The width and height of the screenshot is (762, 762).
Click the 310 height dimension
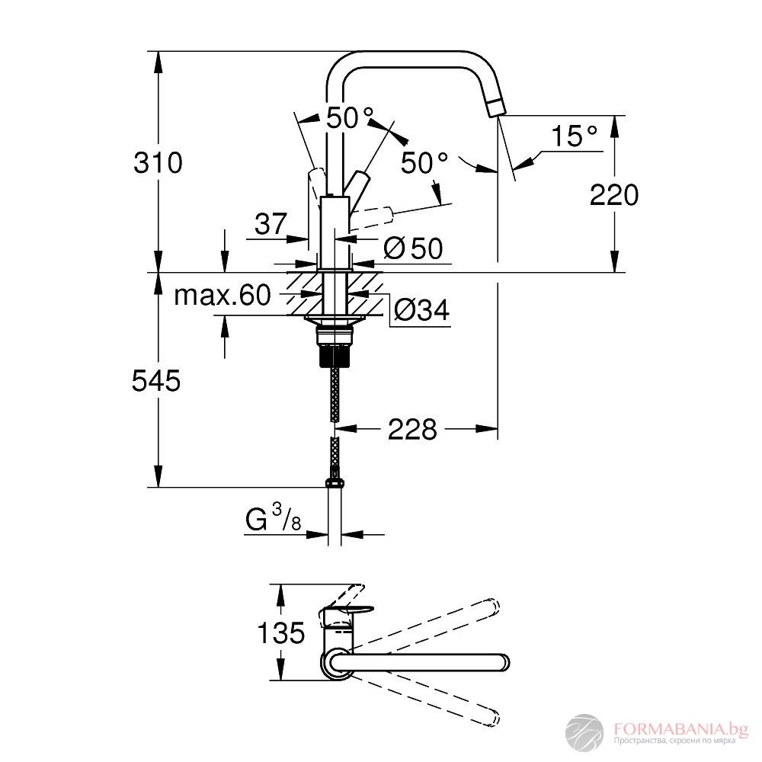tap(158, 163)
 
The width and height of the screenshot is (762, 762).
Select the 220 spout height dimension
tap(613, 196)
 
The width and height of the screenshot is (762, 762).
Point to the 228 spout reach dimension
tap(413, 430)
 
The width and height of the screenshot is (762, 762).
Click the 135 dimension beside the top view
tap(280, 632)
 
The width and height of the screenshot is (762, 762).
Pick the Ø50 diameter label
tap(414, 248)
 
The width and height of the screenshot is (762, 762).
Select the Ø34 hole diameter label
tap(422, 309)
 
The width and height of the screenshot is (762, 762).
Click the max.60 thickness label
tap(223, 295)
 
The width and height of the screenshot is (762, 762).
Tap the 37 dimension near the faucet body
tap(271, 224)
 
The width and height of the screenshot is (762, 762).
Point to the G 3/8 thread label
tap(271, 520)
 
